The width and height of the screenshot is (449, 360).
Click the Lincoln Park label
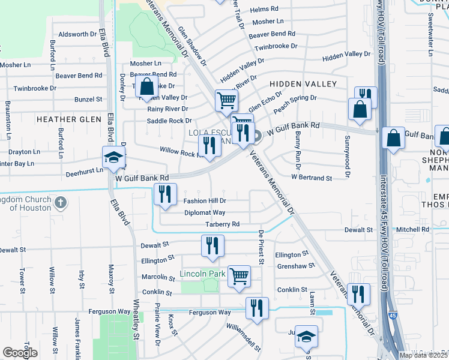click(x=202, y=274)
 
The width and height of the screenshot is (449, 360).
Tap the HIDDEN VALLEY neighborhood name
click(x=303, y=84)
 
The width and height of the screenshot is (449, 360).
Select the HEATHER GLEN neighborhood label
click(x=69, y=119)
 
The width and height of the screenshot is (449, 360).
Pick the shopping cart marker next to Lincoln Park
click(x=239, y=276)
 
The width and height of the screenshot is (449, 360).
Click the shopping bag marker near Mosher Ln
click(x=146, y=86)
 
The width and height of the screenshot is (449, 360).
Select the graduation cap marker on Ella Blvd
click(x=113, y=157)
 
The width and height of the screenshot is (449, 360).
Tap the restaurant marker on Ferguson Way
click(x=257, y=308)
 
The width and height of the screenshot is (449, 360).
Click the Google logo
click(x=20, y=353)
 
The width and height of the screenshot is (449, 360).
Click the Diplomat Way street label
click(x=205, y=212)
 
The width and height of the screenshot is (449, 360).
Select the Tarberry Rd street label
click(x=223, y=224)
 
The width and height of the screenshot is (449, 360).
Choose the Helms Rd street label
click(x=264, y=10)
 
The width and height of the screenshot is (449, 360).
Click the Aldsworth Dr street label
click(x=77, y=35)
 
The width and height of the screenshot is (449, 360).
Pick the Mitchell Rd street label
click(x=412, y=229)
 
